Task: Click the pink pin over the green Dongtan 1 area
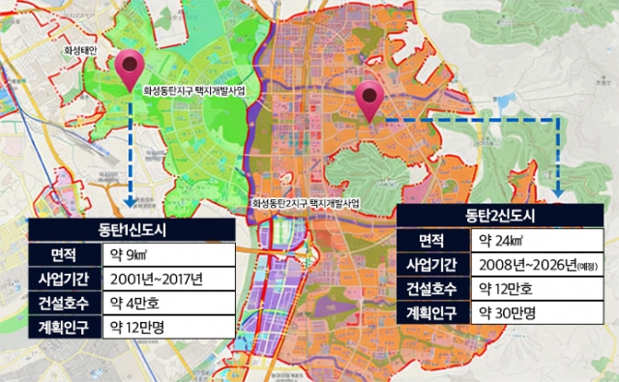128,70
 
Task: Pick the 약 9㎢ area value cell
164,255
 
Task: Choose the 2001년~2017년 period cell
164,279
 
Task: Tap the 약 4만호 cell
164,304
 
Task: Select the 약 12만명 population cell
164,328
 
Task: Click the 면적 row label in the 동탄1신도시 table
63,255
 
